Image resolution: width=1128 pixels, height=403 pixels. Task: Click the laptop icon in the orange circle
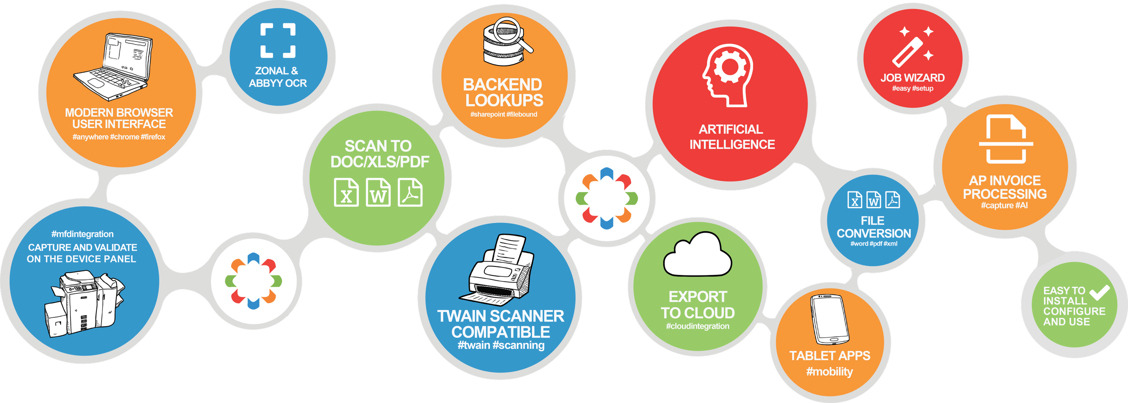tap(113, 67)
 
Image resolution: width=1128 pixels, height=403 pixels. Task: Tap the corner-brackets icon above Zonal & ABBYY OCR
tap(278, 41)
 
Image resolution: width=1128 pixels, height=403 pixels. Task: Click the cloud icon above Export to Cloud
tap(697, 255)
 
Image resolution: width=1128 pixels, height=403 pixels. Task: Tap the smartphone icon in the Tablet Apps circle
tap(829, 319)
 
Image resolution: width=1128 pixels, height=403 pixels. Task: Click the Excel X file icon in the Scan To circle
tap(346, 192)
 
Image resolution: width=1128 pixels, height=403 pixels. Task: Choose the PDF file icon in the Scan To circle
tap(410, 192)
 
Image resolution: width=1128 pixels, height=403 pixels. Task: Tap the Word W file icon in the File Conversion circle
tap(874, 200)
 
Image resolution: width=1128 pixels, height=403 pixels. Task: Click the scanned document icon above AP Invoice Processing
tap(1006, 140)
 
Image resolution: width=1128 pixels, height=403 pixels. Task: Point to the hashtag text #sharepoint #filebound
tap(504, 114)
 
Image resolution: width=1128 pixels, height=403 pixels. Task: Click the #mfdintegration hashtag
tap(82, 234)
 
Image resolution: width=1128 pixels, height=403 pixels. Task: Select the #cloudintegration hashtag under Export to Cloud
tap(697, 326)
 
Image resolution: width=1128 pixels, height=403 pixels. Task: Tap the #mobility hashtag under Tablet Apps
tap(829, 371)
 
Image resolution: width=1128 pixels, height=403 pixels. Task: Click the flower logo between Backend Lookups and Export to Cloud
tap(606, 198)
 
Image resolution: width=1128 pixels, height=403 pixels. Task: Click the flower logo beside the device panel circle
tap(253, 281)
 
